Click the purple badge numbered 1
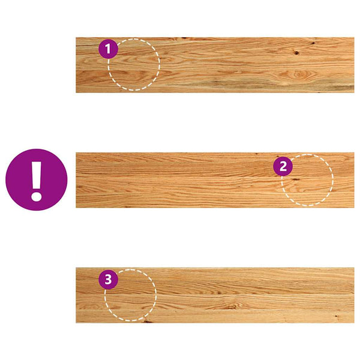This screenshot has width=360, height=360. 109,49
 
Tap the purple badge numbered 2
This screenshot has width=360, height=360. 283,166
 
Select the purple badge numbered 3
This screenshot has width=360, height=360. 109,280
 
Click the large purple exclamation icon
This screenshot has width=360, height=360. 37,179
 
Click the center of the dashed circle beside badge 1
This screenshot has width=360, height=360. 134,65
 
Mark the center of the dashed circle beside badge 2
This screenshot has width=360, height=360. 307,180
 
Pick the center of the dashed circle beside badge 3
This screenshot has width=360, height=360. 130,295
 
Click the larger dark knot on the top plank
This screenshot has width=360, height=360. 296,53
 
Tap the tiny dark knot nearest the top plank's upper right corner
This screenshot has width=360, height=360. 313,43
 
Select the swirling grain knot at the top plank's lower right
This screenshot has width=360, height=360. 298,74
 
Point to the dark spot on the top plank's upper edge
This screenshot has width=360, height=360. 184,38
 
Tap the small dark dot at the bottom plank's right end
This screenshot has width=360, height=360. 337,316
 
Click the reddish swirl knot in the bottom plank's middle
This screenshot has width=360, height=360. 231,306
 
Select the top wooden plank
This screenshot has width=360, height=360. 215,65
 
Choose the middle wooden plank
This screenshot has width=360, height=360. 215,180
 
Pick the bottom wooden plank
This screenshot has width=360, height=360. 215,295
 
